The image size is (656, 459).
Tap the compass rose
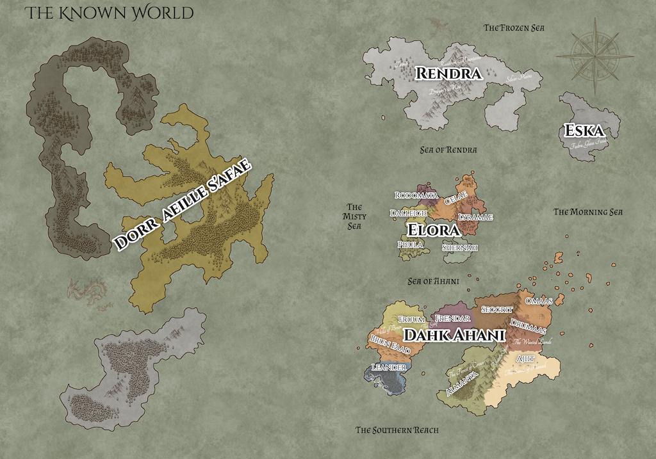click(x=594, y=56)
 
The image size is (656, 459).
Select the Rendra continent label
click(x=448, y=74)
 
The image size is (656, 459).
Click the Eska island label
click(x=584, y=131)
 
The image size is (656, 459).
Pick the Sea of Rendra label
click(x=448, y=150)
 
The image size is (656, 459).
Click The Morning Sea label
click(x=588, y=212)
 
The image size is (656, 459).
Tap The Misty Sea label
click(x=354, y=216)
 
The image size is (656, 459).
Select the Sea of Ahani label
click(x=435, y=281)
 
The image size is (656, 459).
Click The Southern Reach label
click(x=397, y=430)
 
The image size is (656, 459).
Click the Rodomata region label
click(x=416, y=195)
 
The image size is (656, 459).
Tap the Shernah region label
click(x=460, y=248)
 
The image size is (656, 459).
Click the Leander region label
click(x=389, y=367)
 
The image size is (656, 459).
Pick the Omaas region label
click(x=538, y=301)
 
